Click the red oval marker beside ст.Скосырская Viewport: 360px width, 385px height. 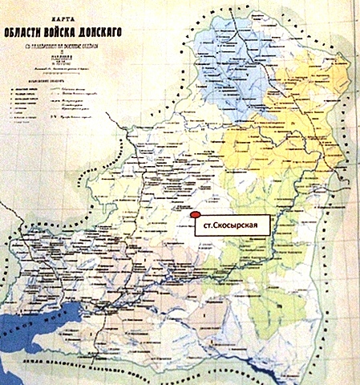pyautogui.click(x=194, y=215)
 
